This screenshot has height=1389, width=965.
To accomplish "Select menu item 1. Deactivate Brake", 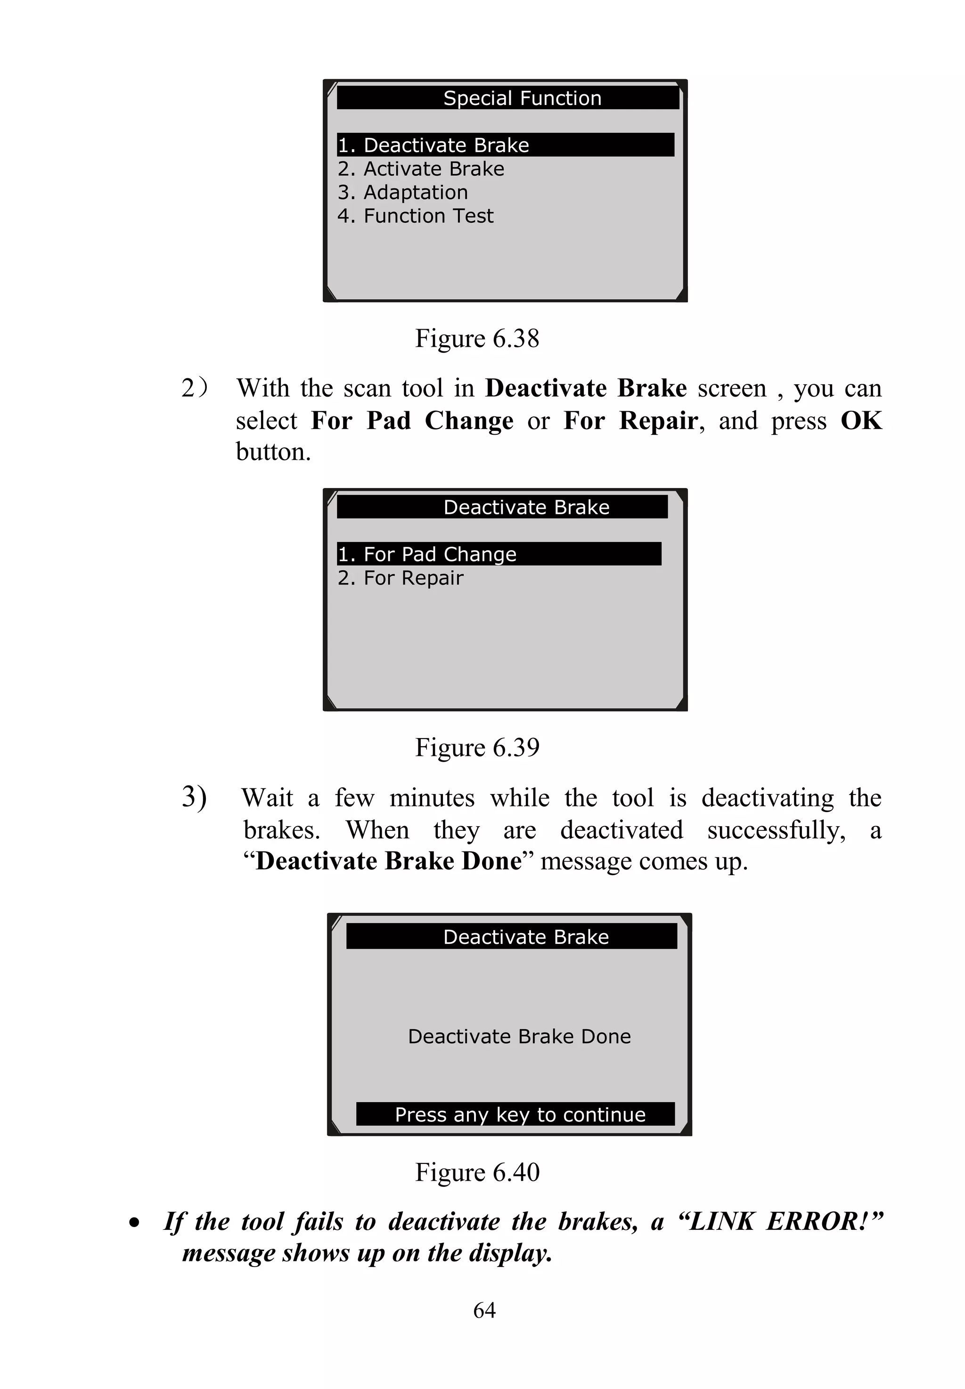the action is (433, 145).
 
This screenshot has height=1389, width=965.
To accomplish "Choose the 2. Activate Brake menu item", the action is (421, 169).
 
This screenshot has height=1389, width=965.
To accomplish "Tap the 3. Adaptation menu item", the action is (403, 192).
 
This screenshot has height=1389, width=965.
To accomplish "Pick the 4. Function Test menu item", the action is (416, 216).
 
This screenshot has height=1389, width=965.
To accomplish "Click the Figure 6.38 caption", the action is (477, 339).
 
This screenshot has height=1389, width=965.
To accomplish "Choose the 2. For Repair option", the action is (400, 578).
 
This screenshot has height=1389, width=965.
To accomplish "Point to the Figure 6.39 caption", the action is (477, 747).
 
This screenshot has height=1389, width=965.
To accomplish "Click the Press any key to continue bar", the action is (520, 1114).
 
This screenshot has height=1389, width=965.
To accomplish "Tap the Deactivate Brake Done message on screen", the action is (519, 1036).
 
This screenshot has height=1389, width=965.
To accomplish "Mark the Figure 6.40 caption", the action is (477, 1172).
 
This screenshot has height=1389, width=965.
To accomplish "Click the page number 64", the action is (484, 1310).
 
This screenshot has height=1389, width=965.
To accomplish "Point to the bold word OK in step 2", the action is (861, 421).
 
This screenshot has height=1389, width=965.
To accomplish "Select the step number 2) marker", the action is (194, 388).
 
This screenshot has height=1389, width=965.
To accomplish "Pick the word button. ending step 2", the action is (273, 452).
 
